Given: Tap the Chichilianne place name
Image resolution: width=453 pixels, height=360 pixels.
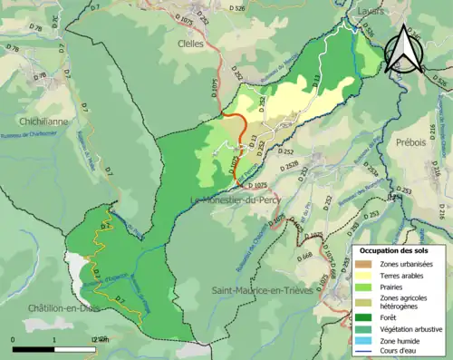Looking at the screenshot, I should tap(44, 120).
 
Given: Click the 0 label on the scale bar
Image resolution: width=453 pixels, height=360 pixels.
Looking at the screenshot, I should tap(14, 339).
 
